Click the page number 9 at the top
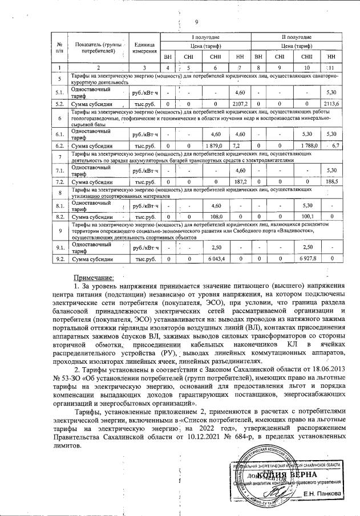pos(196,23)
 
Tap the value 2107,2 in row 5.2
pos(239,104)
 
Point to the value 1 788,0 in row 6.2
pos(307,146)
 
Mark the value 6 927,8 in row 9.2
pos(307,259)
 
